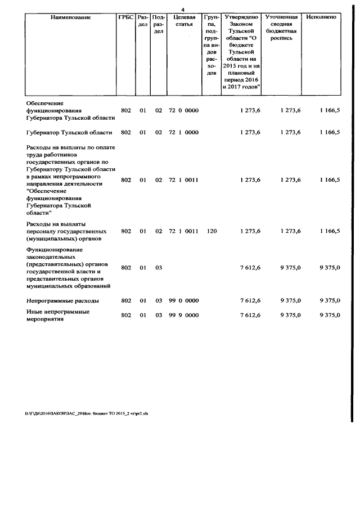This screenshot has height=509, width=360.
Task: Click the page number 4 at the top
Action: (183, 9)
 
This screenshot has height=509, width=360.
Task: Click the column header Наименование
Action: (71, 17)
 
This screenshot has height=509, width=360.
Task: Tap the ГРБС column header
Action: (125, 17)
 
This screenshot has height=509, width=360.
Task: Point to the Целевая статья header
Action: (184, 21)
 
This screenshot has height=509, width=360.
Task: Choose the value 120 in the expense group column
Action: (211, 231)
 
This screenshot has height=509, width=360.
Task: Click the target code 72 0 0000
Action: (184, 111)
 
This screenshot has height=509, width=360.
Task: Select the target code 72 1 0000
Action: (184, 133)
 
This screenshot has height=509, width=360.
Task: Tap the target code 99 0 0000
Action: (184, 301)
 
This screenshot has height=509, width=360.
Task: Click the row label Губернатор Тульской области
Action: (70, 133)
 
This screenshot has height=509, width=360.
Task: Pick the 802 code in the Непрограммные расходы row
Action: (126, 301)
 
